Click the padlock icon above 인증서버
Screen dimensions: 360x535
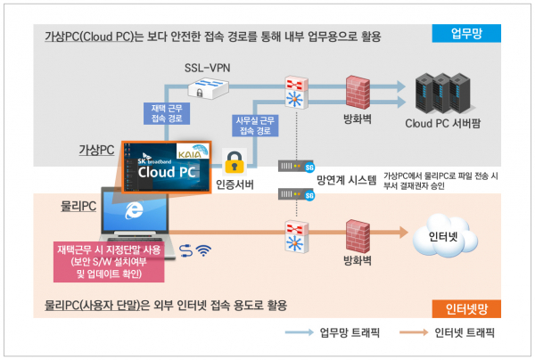235,162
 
